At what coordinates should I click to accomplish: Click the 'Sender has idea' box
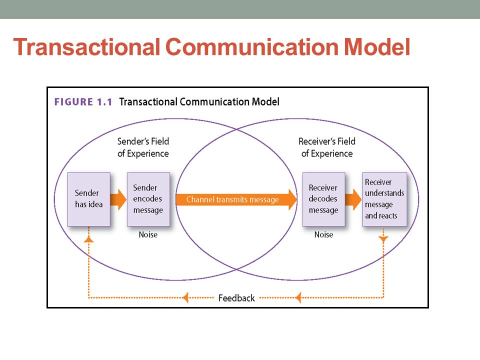(x=89, y=199)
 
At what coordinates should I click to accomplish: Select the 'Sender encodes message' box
(x=148, y=199)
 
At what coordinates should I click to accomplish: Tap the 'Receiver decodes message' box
(x=324, y=199)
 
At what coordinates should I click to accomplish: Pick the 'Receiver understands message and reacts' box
(x=384, y=199)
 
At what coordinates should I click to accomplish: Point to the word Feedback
(x=236, y=298)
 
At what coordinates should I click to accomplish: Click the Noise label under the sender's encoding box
(x=148, y=234)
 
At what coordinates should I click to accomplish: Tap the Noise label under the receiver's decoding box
(x=323, y=234)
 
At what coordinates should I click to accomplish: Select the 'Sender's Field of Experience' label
(x=143, y=147)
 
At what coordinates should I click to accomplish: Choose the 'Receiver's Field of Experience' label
(x=327, y=147)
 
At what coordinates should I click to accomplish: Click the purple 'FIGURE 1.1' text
(x=83, y=101)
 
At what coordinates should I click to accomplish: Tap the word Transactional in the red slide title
(x=86, y=47)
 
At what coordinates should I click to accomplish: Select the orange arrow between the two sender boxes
(x=118, y=199)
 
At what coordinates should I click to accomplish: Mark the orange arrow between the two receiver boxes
(x=353, y=199)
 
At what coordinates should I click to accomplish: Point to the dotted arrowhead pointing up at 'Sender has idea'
(x=89, y=239)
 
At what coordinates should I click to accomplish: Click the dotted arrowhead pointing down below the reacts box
(x=383, y=239)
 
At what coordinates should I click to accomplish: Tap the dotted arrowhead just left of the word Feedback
(x=185, y=297)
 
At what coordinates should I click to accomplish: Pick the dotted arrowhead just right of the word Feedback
(x=298, y=297)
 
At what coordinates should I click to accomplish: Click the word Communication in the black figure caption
(x=214, y=101)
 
